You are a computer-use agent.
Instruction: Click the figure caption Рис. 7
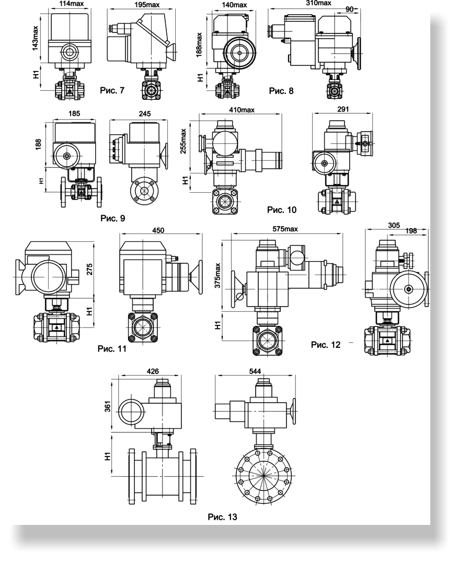click(112, 90)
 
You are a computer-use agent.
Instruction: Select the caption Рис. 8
click(281, 91)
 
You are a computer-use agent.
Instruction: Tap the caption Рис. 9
click(113, 218)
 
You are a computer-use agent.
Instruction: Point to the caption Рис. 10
click(282, 209)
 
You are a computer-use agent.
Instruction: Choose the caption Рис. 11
click(112, 348)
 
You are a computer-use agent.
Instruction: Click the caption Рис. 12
click(326, 344)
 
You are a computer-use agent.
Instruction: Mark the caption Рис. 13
click(223, 517)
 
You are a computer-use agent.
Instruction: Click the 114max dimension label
click(72, 4)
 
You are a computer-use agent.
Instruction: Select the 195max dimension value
click(147, 5)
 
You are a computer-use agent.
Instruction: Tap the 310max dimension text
click(319, 3)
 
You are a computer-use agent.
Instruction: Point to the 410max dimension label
click(242, 110)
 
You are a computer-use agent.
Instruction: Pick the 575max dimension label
click(285, 229)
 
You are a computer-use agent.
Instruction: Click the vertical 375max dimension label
click(217, 276)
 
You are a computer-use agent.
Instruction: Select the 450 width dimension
click(158, 230)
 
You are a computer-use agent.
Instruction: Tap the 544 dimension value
click(255, 371)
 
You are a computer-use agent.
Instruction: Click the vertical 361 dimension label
click(107, 406)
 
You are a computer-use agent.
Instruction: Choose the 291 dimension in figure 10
click(343, 109)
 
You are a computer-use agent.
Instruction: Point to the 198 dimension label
click(411, 231)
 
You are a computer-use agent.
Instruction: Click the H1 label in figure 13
click(107, 456)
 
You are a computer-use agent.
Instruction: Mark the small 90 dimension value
click(349, 10)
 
